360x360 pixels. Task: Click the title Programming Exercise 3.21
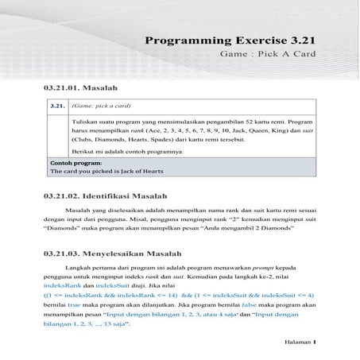pyautogui.click(x=230, y=41)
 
